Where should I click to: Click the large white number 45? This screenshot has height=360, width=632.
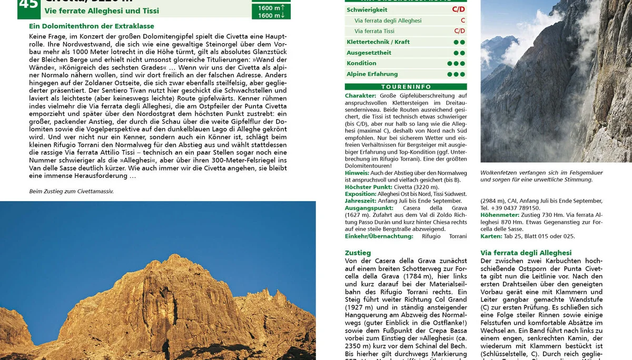29,5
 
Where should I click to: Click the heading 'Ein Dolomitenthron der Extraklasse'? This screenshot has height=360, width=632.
92,26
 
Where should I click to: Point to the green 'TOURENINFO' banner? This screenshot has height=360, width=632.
406,87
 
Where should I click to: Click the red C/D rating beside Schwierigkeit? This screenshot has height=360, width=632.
458,10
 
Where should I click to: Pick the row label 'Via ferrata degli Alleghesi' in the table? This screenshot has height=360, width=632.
388,21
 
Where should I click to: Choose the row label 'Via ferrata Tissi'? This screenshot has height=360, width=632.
374,31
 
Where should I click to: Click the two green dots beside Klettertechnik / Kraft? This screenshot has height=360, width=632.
459,42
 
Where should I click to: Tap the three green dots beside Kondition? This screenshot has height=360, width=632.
456,64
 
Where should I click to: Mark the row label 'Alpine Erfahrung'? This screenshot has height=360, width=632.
372,74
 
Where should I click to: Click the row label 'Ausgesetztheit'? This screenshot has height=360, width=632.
369,53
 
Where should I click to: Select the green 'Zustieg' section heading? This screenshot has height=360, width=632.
358,253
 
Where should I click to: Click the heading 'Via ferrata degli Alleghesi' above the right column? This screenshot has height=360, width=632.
526,253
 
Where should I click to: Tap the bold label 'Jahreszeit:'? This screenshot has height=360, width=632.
361,201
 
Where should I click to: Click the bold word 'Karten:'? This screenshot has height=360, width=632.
492,236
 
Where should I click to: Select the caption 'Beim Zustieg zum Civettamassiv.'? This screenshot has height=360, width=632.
71,192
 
